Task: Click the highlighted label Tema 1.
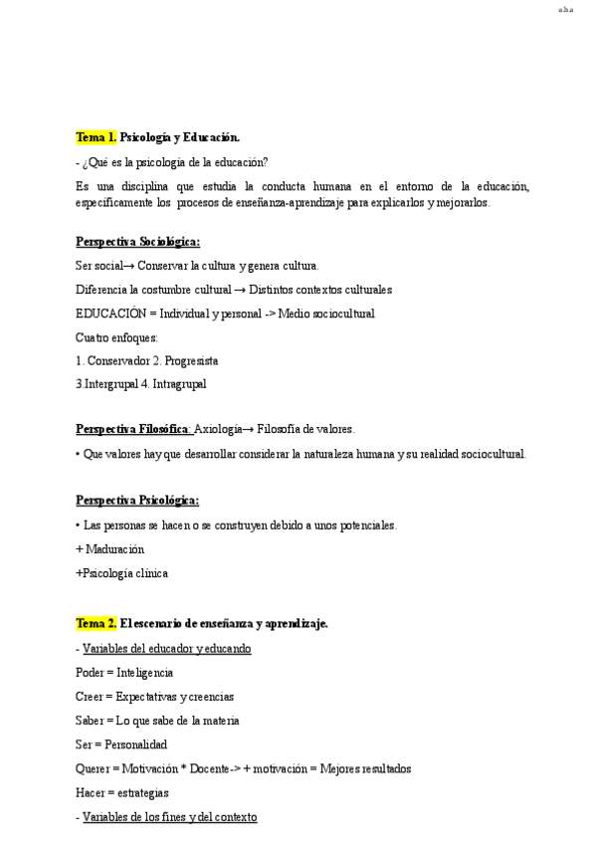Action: (97, 136)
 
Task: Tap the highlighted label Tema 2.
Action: (97, 624)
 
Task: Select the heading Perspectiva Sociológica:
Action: (137, 242)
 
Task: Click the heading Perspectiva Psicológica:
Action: (137, 501)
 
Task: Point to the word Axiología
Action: (218, 429)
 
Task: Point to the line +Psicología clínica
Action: (121, 573)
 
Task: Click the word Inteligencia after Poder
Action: (145, 673)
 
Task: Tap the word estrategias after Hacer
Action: (142, 793)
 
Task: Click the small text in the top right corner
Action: (565, 12)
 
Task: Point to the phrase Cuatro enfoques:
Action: (116, 337)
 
